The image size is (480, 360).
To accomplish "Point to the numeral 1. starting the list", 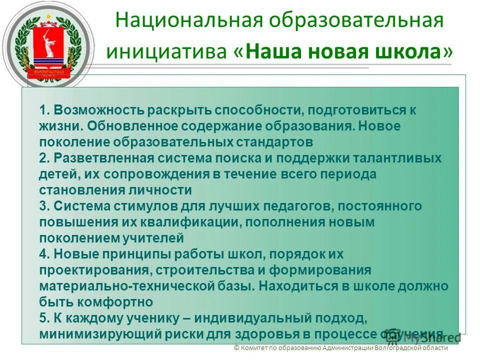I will tap(44, 110).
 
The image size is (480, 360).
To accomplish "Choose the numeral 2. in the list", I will tap(44, 158).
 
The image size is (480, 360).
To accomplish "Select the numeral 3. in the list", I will tap(44, 206).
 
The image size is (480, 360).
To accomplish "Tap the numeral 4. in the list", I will tap(44, 254).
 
